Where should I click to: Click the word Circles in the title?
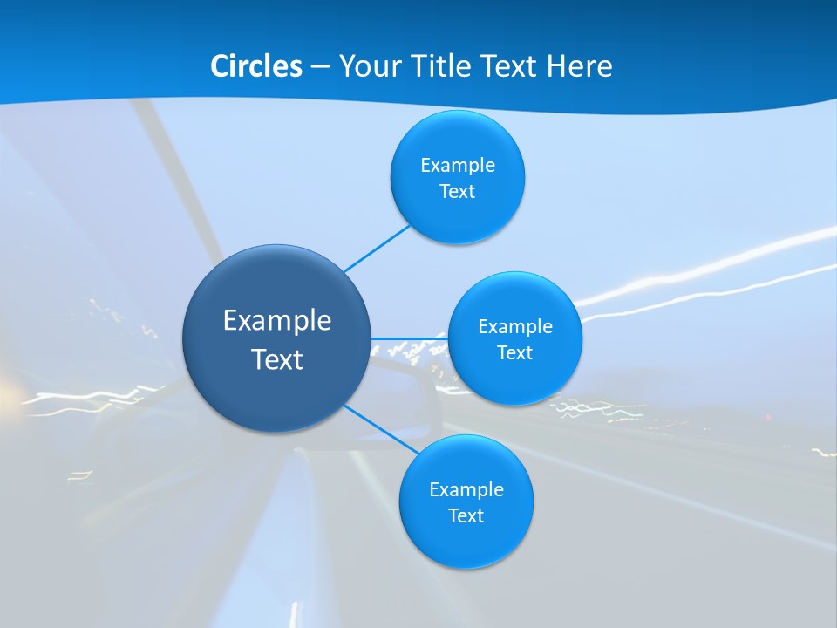tap(256, 66)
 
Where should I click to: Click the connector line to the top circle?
tap(377, 248)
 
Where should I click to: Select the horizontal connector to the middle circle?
tap(409, 338)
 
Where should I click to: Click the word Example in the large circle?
tap(277, 321)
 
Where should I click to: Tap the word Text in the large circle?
tap(277, 359)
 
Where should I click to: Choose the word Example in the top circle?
tap(458, 166)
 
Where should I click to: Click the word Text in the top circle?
tap(458, 192)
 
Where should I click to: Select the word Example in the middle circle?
tap(515, 327)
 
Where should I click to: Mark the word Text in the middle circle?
tap(515, 353)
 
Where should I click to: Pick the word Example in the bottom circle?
tap(466, 490)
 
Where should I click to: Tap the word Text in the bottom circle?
tap(466, 516)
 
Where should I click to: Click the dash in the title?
tap(320, 67)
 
